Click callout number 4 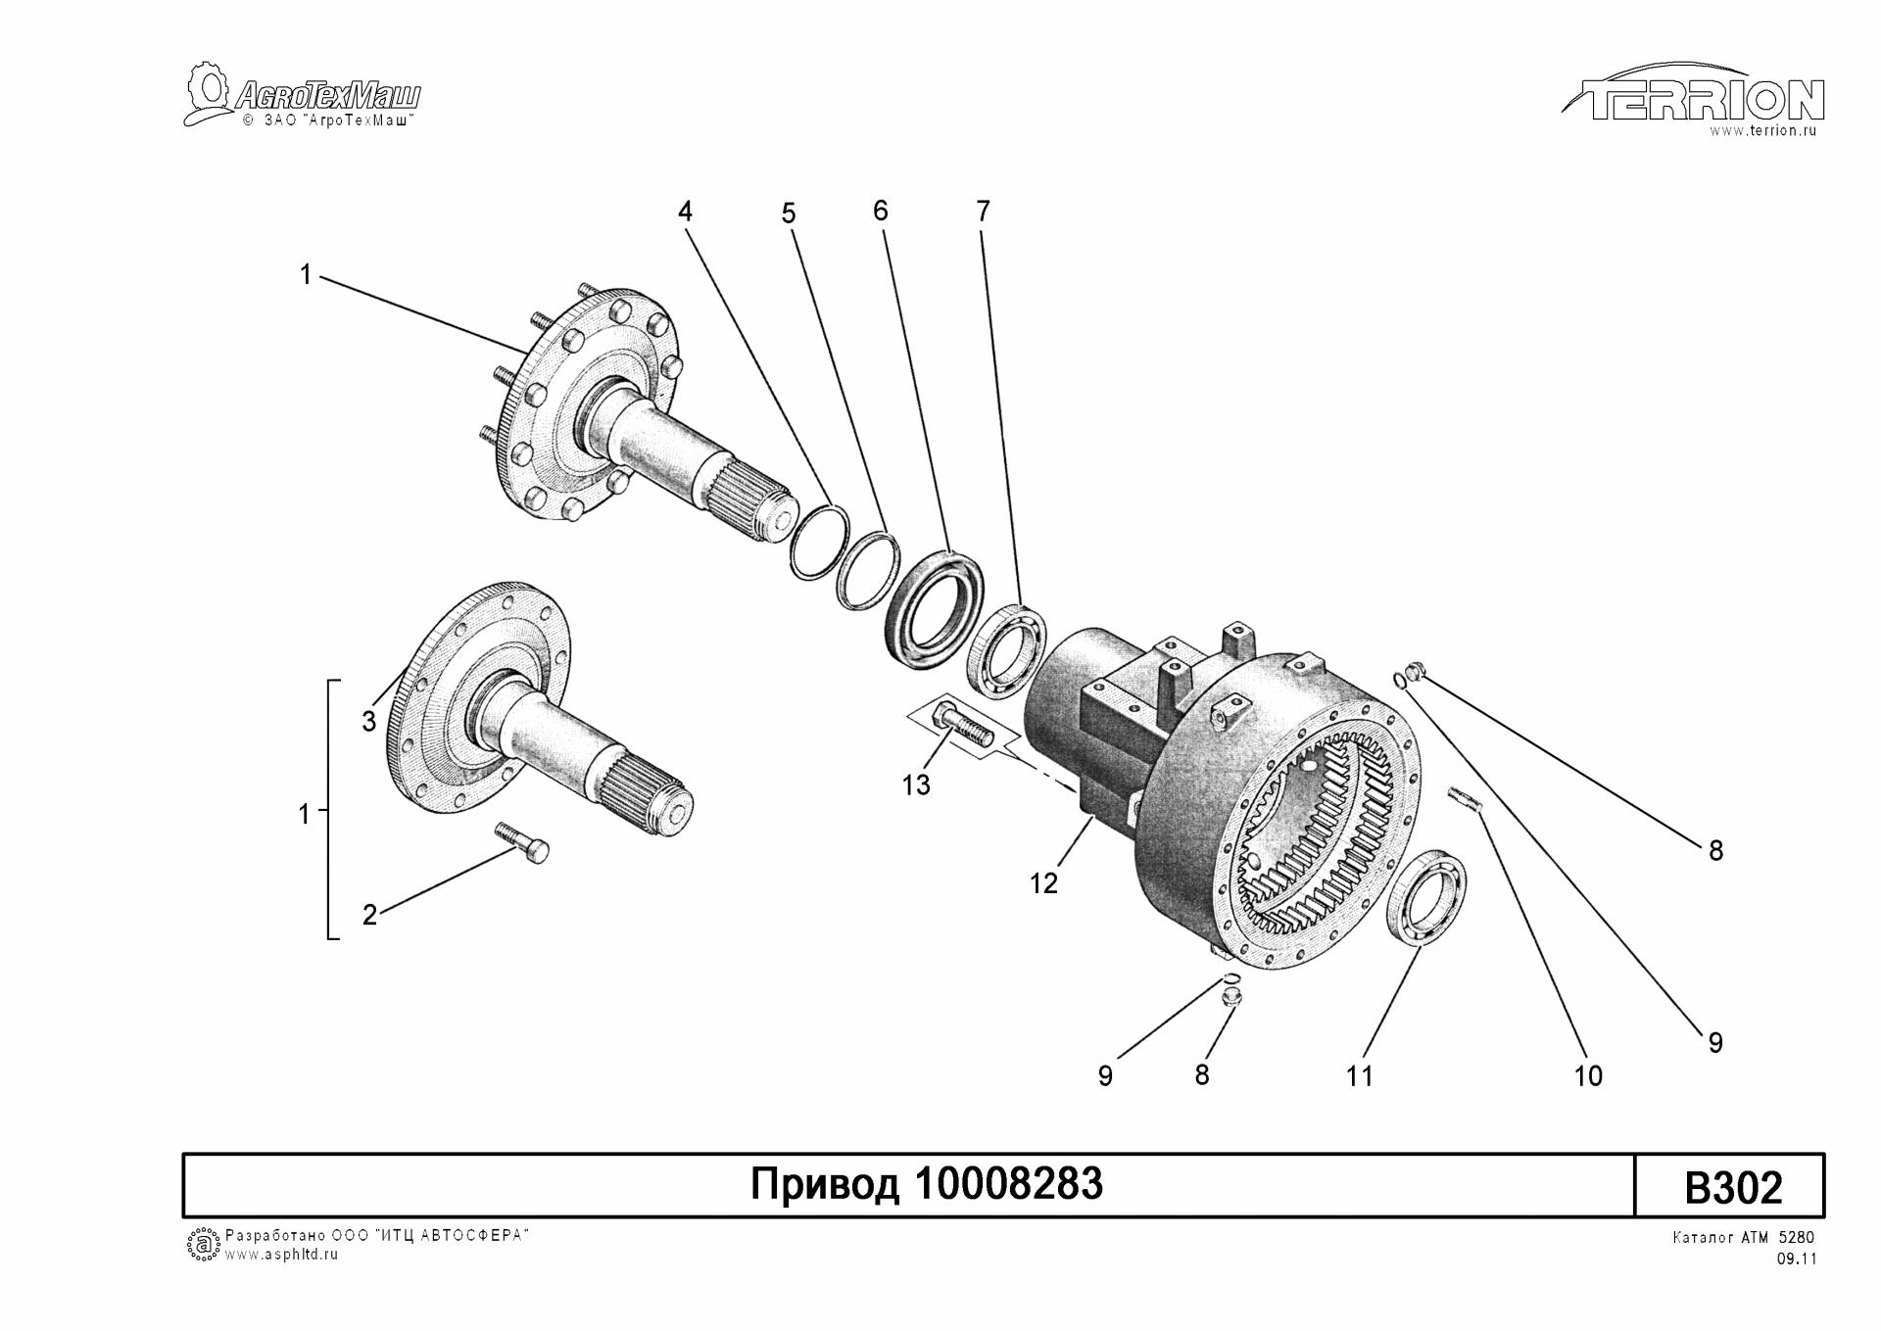point(685,212)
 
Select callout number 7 point(983,211)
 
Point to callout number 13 point(916,785)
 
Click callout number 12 point(1043,883)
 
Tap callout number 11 point(1359,1076)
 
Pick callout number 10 point(1587,1076)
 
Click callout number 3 point(368,722)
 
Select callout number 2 point(369,915)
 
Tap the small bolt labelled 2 point(522,841)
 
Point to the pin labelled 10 point(1466,798)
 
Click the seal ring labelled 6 point(931,608)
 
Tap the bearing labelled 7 point(1006,651)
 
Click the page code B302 point(1732,1188)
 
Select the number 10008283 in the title point(1008,1185)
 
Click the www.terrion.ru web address point(1762,131)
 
